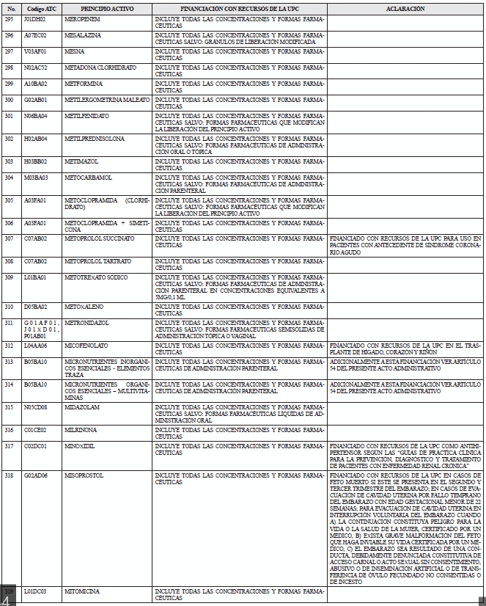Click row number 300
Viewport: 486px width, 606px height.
[x=10, y=99]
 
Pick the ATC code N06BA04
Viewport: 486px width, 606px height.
[x=35, y=115]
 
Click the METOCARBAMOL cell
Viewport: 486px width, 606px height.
[x=88, y=177]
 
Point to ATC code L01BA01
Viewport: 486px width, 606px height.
[x=34, y=277]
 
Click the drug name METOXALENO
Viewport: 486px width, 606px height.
[x=84, y=306]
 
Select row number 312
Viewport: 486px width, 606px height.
[x=10, y=345]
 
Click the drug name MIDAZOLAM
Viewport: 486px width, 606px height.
[x=83, y=406]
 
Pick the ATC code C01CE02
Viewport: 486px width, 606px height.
[x=34, y=429]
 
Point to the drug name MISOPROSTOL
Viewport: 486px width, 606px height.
[x=84, y=475]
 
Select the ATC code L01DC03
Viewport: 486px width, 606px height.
[x=34, y=591]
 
